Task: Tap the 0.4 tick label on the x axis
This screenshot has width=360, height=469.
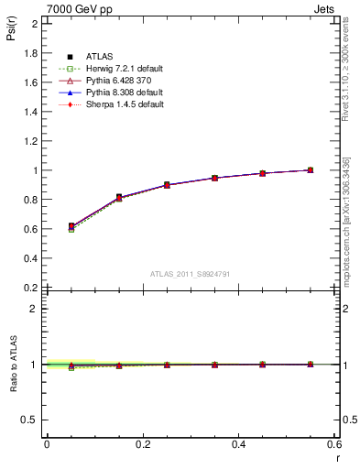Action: click(239, 444)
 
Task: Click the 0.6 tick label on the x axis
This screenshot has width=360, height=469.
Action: click(335, 444)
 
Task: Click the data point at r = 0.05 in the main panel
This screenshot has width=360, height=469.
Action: click(71, 226)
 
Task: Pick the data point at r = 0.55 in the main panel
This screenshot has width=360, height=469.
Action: click(311, 169)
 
